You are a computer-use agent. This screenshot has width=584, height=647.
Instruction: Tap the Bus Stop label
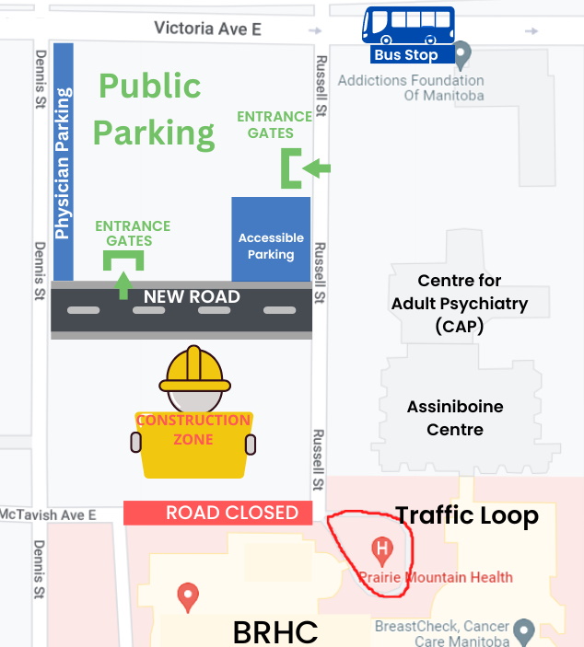[x=406, y=55]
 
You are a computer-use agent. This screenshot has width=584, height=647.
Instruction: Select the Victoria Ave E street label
[x=207, y=29]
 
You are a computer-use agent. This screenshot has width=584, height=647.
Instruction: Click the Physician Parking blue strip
[x=64, y=161]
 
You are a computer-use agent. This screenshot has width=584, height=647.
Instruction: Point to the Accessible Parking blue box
[x=271, y=239]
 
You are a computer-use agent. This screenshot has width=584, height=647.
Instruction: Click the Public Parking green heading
[x=152, y=110]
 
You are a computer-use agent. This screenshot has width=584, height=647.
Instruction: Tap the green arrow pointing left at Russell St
[x=317, y=168]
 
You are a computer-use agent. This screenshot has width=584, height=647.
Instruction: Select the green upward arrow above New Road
[x=123, y=283]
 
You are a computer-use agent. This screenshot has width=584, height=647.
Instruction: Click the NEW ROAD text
[x=192, y=297]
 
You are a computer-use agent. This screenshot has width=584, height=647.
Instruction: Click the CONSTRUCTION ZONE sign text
[x=193, y=430]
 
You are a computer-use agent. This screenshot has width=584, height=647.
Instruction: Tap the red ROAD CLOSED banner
[x=218, y=513]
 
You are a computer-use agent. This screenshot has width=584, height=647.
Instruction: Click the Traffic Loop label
[x=467, y=515]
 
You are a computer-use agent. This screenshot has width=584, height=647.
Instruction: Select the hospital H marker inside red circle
[x=380, y=551]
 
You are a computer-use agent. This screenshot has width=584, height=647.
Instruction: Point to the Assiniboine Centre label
[x=455, y=418]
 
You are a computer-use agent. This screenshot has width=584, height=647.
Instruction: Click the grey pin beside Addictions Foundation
[x=463, y=55]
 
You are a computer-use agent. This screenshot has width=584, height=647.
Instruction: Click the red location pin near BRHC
[x=189, y=596]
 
